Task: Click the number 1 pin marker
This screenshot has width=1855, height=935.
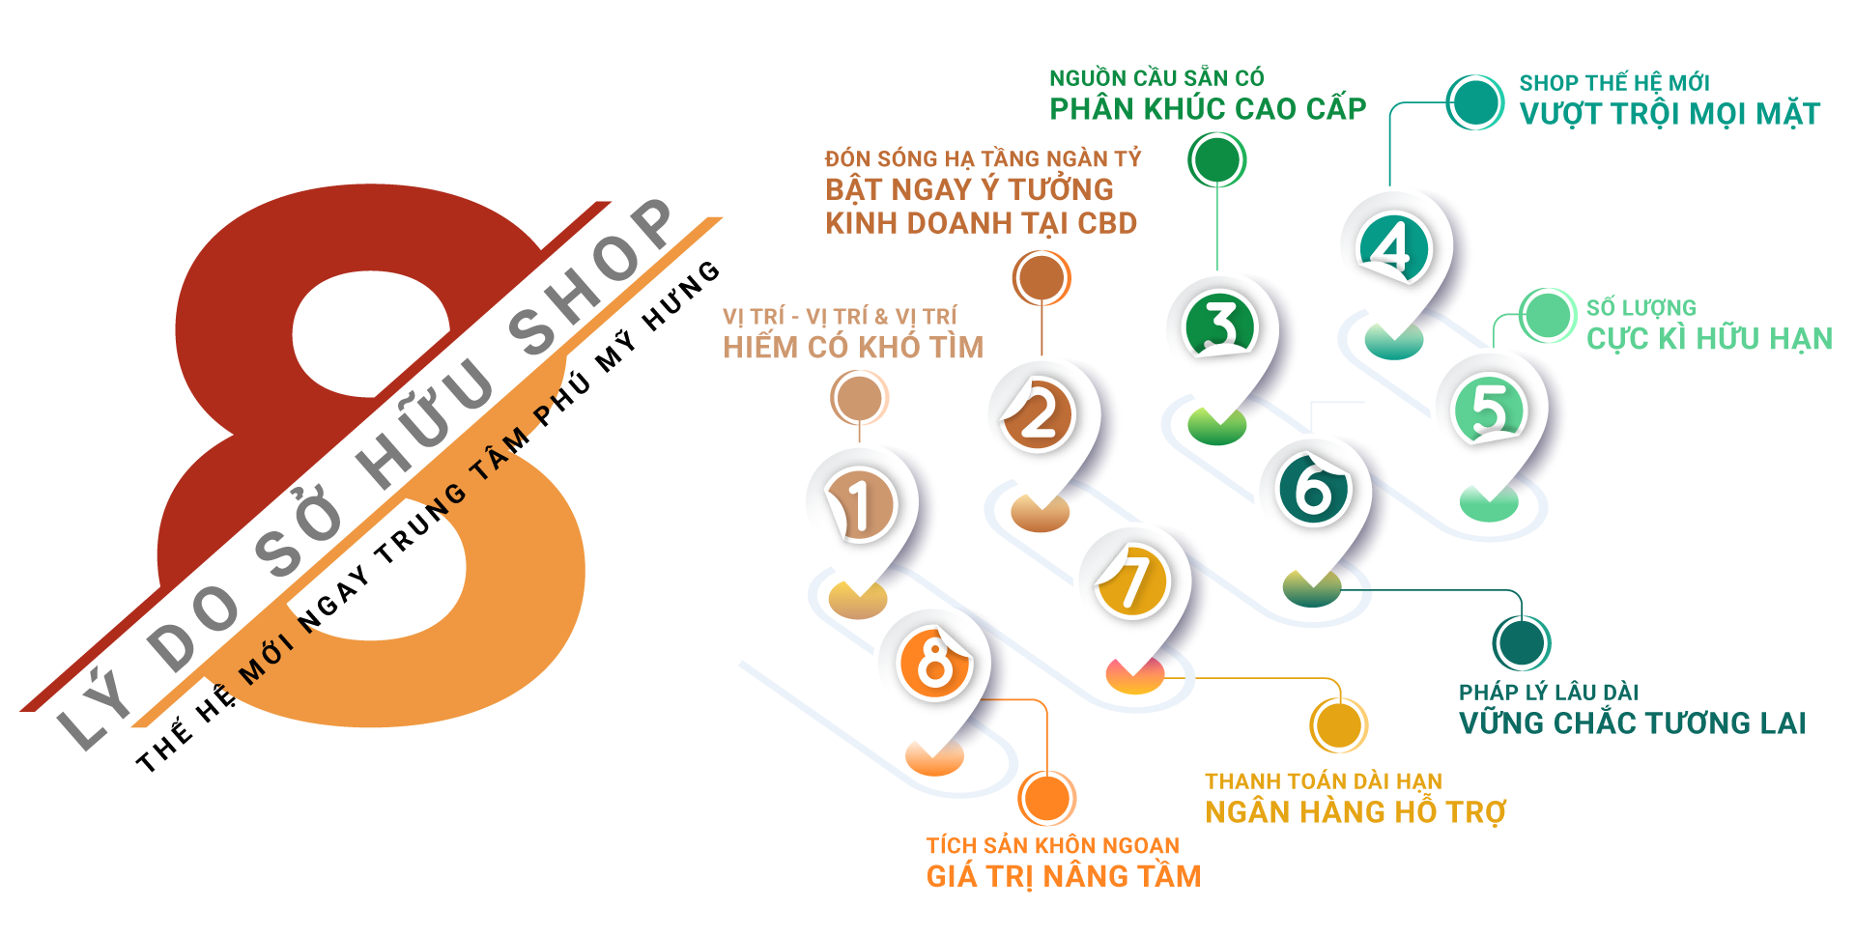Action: [860, 505]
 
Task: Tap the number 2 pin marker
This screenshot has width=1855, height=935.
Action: [1040, 415]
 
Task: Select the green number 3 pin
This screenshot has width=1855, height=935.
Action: [1219, 326]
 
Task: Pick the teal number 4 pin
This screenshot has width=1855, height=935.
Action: [1393, 246]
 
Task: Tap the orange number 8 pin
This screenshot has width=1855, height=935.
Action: [934, 664]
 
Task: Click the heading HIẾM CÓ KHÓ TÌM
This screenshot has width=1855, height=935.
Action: [853, 347]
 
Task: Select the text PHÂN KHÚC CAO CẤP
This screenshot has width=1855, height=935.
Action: [1208, 109]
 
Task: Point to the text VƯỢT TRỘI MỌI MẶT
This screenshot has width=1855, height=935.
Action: [1669, 114]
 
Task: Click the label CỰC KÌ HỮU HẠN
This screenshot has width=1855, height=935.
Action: [1709, 339]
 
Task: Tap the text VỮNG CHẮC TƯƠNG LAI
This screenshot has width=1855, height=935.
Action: [1632, 722]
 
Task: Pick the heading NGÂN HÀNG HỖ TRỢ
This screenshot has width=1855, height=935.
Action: [1356, 812]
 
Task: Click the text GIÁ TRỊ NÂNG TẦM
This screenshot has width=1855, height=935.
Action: [1064, 876]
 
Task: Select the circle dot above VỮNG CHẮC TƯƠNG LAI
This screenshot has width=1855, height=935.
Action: [1522, 643]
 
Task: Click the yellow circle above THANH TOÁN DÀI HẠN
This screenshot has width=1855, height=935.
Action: [1339, 725]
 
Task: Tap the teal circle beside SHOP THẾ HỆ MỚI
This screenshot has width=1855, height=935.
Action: [1475, 102]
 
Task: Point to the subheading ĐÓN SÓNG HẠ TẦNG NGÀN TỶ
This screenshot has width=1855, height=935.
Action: [983, 158]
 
